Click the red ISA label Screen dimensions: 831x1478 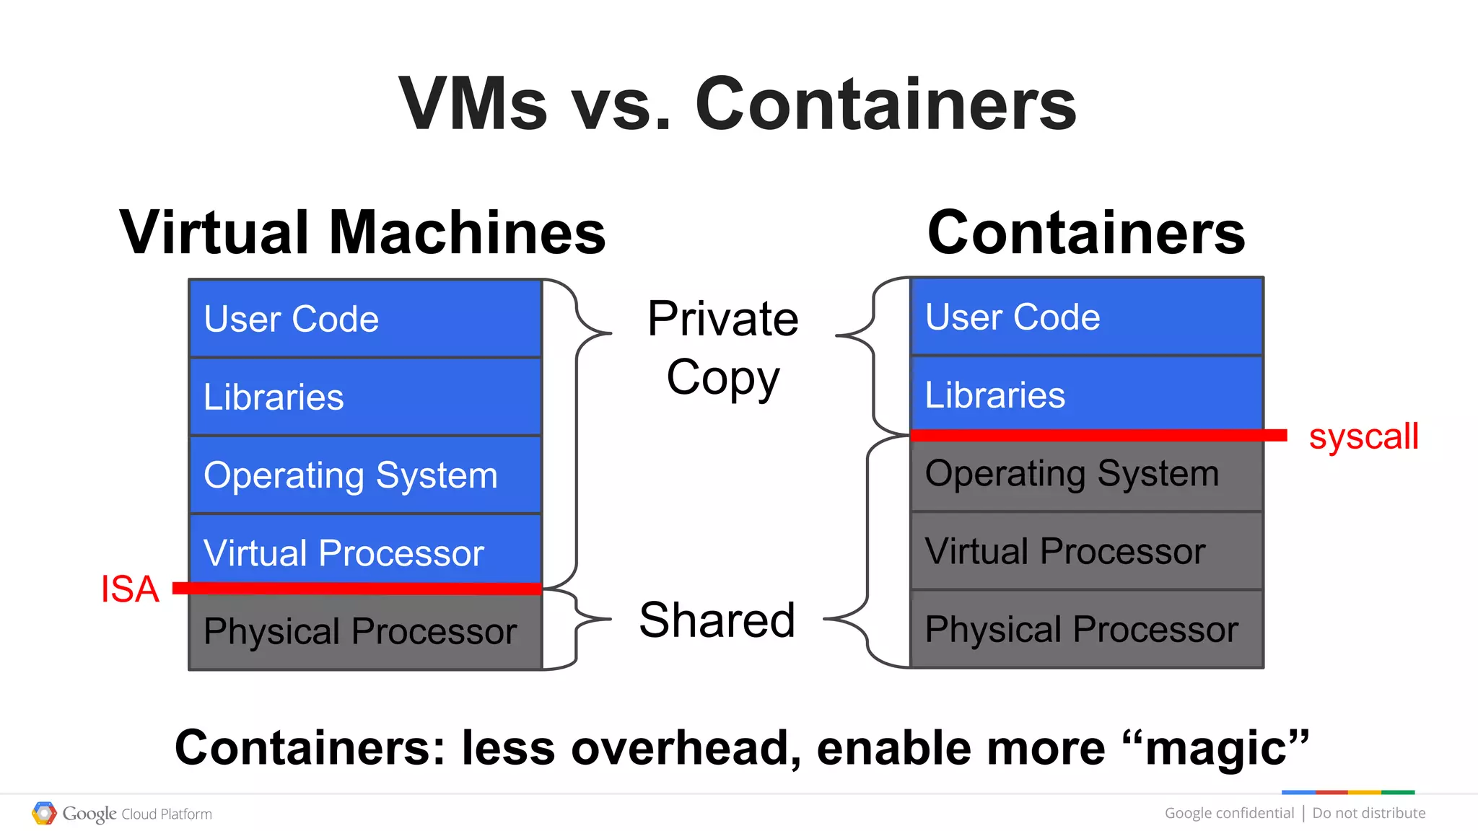(x=130, y=589)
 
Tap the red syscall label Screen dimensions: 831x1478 (x=1363, y=436)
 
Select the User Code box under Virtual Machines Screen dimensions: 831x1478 (x=365, y=319)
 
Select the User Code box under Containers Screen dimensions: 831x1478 (x=1087, y=317)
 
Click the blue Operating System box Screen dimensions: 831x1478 (x=365, y=475)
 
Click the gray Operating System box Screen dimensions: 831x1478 (x=1087, y=475)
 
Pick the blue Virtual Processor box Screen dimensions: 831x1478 (x=365, y=551)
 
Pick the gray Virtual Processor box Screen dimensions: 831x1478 (x=1087, y=551)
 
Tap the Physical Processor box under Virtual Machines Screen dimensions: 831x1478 (x=365, y=632)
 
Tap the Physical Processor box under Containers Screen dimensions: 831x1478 (x=1087, y=629)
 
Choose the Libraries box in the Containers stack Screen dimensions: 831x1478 (x=1087, y=395)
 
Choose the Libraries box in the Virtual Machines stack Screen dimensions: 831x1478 (x=365, y=397)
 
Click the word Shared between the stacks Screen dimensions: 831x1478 (x=717, y=620)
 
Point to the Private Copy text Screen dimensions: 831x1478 (x=723, y=348)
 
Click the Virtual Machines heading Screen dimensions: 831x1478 (x=362, y=232)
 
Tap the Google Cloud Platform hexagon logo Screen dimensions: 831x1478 (x=44, y=814)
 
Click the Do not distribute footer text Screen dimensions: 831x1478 (x=1368, y=813)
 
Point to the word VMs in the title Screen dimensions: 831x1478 (x=473, y=104)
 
